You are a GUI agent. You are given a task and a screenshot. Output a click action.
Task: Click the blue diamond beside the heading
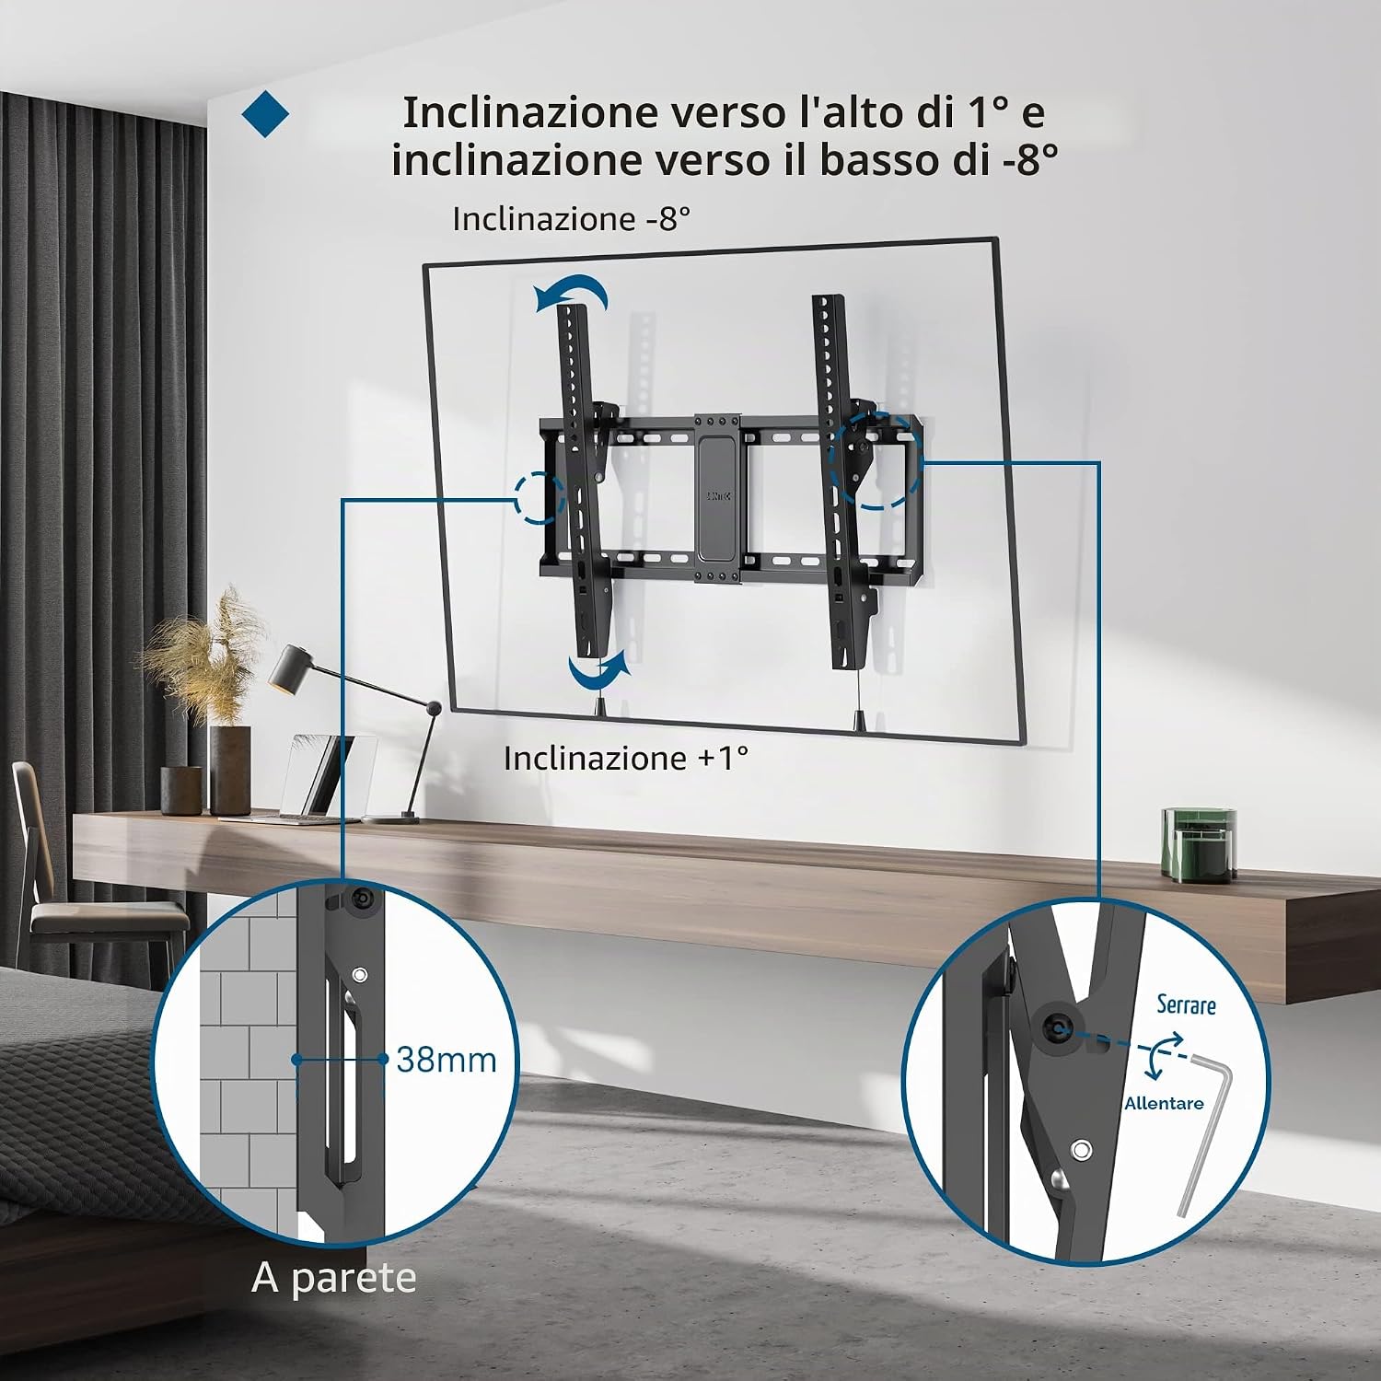[265, 113]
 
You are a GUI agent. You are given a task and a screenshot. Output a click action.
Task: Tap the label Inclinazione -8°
[571, 219]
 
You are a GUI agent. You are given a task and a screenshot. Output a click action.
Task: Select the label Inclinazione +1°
[626, 758]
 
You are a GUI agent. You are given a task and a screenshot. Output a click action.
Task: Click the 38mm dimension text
[447, 1060]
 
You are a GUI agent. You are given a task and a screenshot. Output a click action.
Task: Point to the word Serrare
[1187, 1004]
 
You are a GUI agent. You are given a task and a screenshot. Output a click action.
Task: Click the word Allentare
[1164, 1103]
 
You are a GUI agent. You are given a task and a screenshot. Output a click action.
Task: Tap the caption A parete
[334, 1279]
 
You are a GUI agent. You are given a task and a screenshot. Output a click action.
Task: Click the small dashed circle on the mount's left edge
[540, 498]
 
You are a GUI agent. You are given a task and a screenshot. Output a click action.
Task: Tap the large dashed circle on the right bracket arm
[876, 460]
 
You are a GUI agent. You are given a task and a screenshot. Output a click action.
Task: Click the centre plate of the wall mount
[718, 499]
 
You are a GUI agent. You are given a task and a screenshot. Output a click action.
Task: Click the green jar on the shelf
[1199, 844]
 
